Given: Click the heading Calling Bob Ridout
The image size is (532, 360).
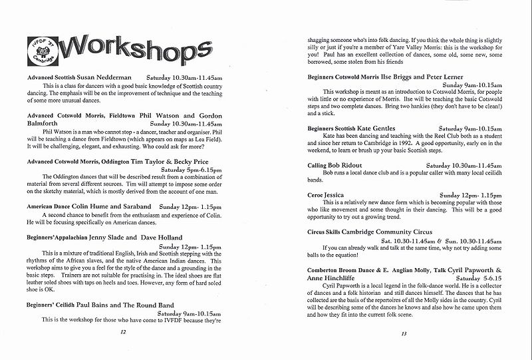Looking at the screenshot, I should coord(336,164).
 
